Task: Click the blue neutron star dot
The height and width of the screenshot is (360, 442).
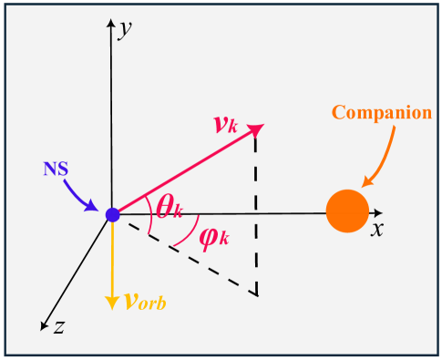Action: point(112,215)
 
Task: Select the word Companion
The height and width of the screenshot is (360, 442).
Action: point(381,113)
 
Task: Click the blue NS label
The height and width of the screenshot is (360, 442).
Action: point(57,170)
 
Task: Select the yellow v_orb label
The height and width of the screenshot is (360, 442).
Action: point(146,302)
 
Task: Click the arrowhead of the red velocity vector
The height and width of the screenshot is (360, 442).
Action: point(258,129)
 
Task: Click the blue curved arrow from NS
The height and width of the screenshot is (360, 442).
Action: point(83,195)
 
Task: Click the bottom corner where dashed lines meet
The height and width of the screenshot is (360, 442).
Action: point(256,294)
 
